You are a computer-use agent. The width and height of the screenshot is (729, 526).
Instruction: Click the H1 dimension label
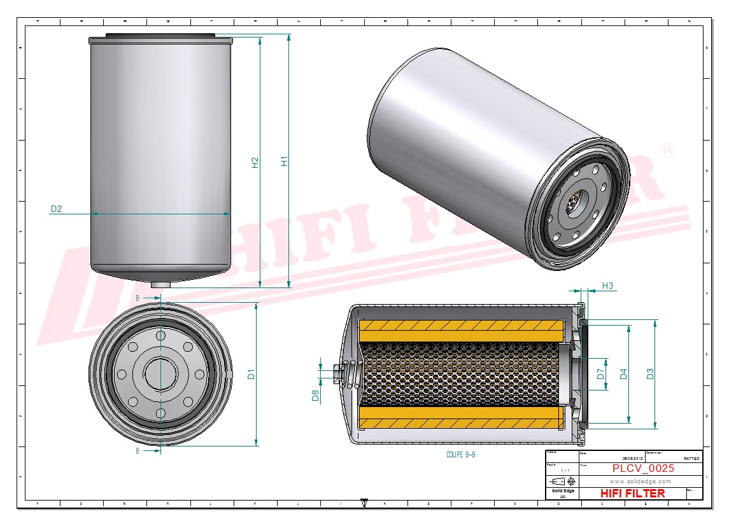pos(285,162)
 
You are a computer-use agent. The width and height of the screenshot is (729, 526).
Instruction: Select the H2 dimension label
pos(255,162)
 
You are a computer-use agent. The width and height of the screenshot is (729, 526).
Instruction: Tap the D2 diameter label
pos(56,209)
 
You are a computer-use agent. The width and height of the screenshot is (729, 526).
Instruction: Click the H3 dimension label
pos(607,286)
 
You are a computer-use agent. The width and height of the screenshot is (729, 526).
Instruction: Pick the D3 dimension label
pos(650,374)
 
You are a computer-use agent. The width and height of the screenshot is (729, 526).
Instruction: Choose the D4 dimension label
pos(623,374)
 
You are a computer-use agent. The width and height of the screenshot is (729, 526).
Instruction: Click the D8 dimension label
pos(315,396)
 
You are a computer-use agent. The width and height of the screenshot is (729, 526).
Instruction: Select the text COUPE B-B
pos(461,455)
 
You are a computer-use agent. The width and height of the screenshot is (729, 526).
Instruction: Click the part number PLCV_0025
pos(643,469)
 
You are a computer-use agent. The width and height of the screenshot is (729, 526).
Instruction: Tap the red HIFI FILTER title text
pos(632,494)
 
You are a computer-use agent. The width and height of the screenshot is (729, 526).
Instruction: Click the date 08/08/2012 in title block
pos(633,458)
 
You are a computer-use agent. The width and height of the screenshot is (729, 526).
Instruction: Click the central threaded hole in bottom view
pos(160,373)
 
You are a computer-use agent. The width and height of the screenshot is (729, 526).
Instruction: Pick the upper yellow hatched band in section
pos(461,329)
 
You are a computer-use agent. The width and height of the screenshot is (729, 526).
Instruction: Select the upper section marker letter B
pos(138,298)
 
